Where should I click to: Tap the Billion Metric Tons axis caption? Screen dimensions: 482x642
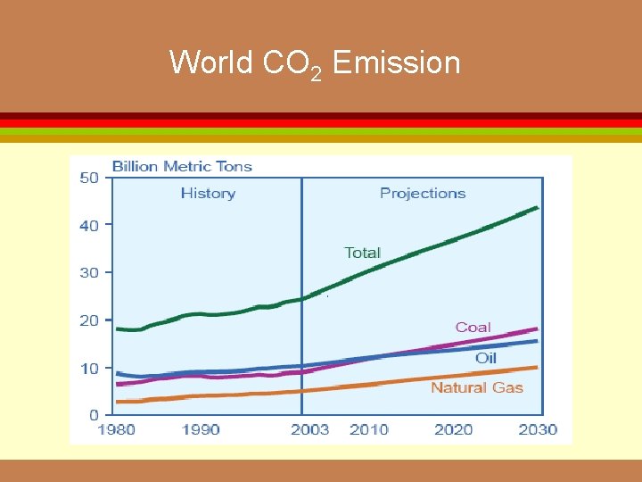coord(182,166)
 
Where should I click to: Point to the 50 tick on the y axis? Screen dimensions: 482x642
coord(89,178)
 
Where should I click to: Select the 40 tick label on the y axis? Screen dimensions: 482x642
coord(89,226)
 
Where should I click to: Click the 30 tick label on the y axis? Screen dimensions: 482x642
coord(89,273)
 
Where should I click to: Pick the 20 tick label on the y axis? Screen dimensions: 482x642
coord(89,320)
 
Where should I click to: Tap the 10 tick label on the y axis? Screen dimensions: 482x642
coord(89,368)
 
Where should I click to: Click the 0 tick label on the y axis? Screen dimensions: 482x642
coord(94,415)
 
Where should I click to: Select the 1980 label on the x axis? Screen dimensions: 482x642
coord(116,430)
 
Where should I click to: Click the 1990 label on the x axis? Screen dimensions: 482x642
coord(201,430)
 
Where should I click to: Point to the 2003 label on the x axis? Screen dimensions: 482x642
coord(309,430)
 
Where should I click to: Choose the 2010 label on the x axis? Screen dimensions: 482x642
coord(369,430)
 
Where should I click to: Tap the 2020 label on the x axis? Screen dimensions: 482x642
coord(454,430)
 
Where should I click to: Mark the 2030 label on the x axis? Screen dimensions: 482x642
coord(538,430)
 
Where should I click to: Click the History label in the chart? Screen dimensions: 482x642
coord(208,193)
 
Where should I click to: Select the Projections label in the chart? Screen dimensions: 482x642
coord(423,193)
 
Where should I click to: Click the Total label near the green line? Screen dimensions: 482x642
coord(362,253)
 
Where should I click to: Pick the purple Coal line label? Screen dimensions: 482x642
coord(473,328)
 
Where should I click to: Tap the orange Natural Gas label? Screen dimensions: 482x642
coord(477,387)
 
